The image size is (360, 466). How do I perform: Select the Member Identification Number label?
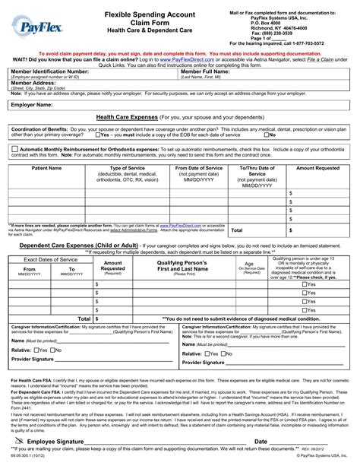pyautogui.click(x=49, y=71)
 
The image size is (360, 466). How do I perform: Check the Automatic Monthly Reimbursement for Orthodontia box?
pyautogui.click(x=15, y=149)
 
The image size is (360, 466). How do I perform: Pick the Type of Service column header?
pyautogui.click(x=128, y=167)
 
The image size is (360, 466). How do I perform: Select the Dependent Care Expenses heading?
pyautogui.click(x=68, y=246)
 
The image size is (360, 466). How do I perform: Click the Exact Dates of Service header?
pyautogui.click(x=49, y=260)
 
